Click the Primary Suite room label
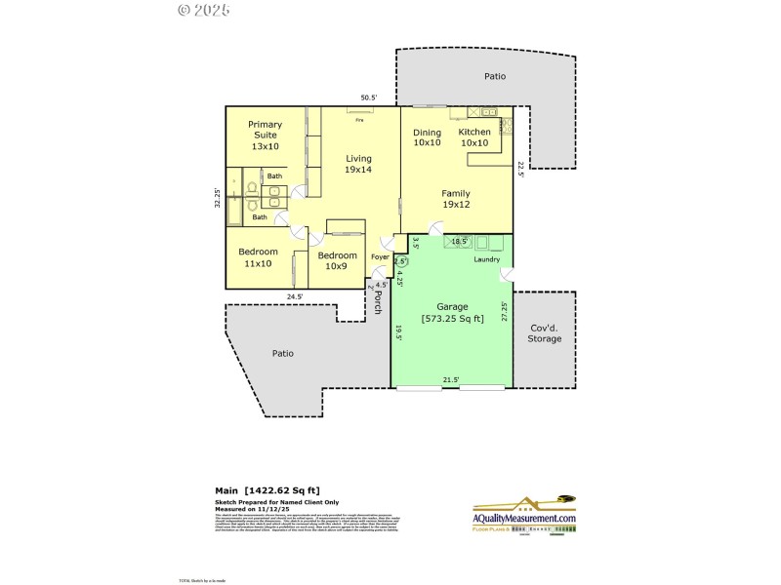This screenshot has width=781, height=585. (x=264, y=135)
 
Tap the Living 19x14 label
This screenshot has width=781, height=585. (x=357, y=164)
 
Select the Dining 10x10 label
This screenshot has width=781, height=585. (x=427, y=137)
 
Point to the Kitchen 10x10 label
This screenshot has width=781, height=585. (x=474, y=137)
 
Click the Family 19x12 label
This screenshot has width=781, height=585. (x=455, y=199)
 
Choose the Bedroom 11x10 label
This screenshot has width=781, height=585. (x=258, y=257)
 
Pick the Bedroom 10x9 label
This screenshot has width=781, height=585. (x=338, y=260)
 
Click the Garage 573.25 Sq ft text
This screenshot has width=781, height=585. (x=452, y=313)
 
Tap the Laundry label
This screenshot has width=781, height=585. (x=486, y=259)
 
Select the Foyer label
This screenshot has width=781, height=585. (x=380, y=258)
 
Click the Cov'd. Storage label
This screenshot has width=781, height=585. (x=545, y=333)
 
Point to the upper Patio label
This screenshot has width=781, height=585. (x=496, y=75)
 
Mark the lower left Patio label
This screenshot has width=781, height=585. (x=282, y=353)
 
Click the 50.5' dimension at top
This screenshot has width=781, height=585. (x=369, y=97)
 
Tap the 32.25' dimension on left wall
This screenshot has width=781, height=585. (x=219, y=198)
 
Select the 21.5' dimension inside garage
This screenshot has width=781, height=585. (x=451, y=380)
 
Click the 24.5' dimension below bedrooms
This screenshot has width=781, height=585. (x=295, y=296)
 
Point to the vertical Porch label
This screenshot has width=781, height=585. (x=378, y=304)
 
